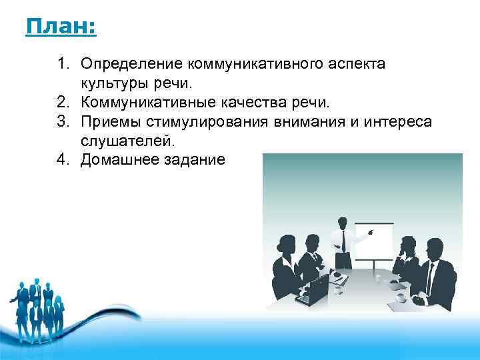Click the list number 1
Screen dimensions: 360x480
[62, 64]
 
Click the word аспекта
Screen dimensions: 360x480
[361, 64]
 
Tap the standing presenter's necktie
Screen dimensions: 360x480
[343, 239]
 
